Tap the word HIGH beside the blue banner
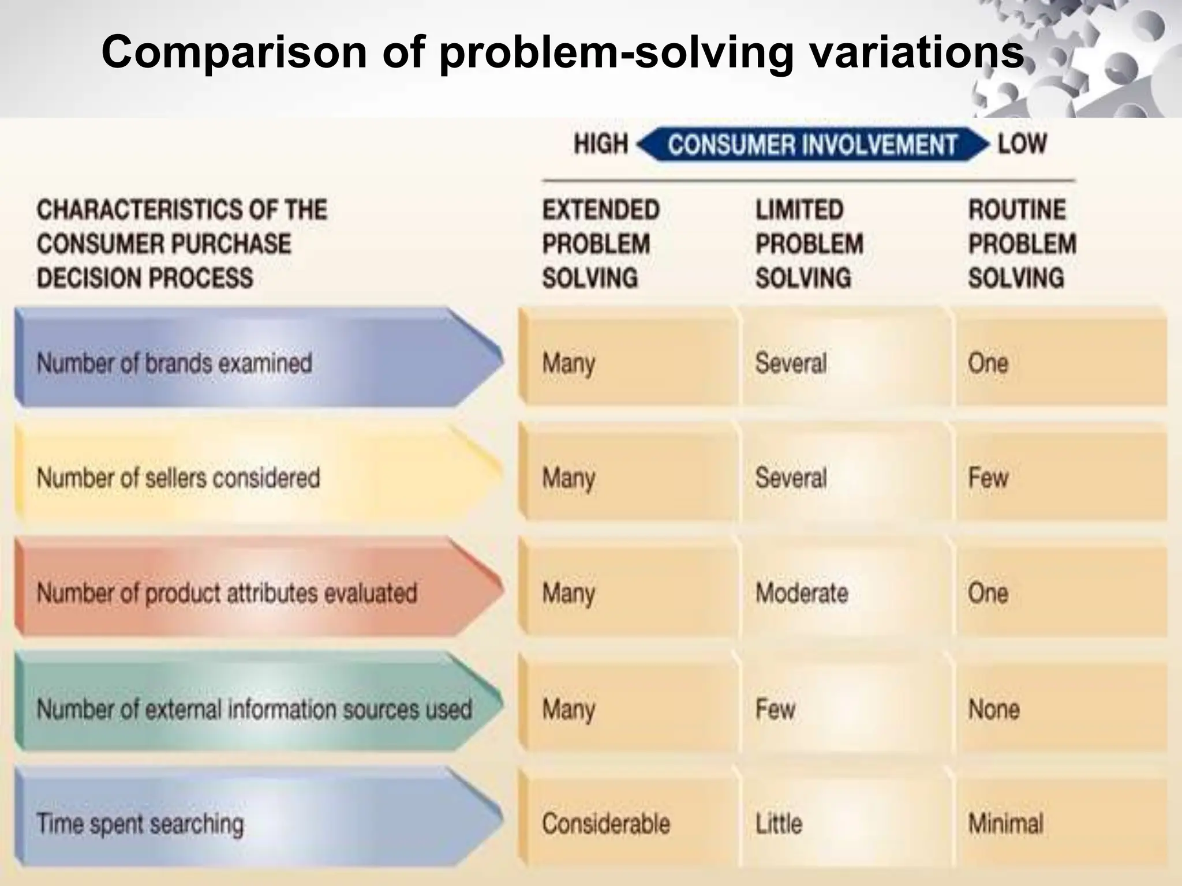point(601,144)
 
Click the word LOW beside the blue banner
point(1022,144)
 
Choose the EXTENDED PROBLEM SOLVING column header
point(600,243)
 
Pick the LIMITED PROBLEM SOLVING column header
point(809,243)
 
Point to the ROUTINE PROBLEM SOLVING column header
point(1022,243)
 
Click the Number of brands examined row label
point(174,363)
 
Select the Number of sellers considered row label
point(178,478)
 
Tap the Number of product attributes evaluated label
point(227,593)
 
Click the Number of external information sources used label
point(255,709)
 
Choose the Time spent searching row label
point(140,823)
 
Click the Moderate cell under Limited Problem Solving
point(802,593)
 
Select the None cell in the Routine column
point(994,709)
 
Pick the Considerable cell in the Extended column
point(606,823)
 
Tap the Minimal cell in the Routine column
point(1005,823)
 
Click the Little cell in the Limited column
point(779,823)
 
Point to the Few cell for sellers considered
point(988,478)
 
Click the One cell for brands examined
point(988,363)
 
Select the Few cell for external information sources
point(775,709)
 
